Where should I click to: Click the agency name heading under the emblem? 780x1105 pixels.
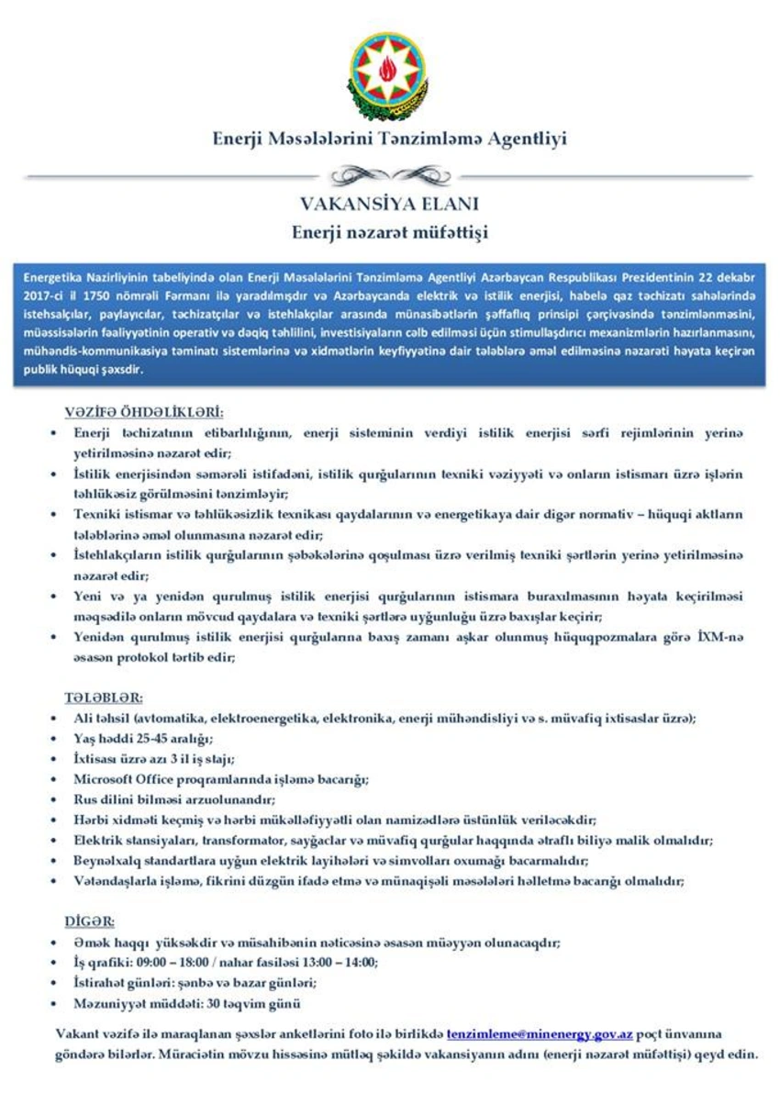click(x=390, y=140)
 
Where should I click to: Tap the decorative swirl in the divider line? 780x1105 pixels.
click(x=390, y=174)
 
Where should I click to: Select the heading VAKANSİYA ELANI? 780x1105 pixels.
click(x=390, y=205)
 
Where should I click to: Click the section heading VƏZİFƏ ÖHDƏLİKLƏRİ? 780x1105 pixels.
click(x=144, y=412)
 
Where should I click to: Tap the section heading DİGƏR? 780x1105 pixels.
click(x=89, y=921)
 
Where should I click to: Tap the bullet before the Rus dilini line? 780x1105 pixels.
click(x=56, y=799)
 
